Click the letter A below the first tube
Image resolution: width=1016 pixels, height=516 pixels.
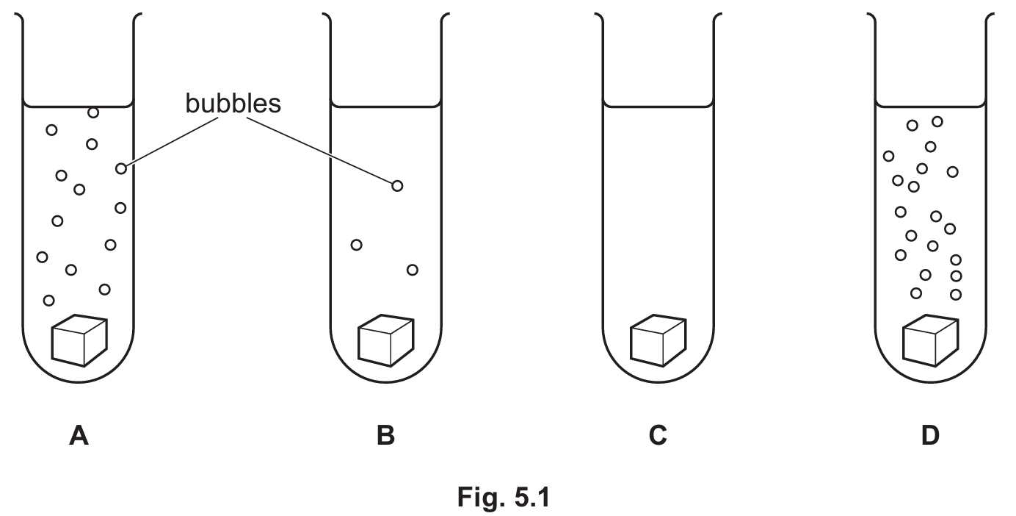79,435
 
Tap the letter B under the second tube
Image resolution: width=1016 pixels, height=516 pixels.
386,435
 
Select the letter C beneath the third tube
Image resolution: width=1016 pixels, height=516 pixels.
658,435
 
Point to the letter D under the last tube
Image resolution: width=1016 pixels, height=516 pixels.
930,435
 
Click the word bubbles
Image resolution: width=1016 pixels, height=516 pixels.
233,104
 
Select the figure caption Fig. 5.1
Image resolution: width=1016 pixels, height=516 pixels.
504,496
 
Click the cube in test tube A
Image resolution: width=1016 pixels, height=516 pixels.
79,340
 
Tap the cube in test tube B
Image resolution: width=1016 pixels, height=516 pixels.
386,340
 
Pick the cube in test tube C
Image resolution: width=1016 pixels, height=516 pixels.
658,340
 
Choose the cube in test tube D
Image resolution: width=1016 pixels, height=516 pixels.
930,340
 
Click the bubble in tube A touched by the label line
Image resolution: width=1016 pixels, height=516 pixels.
120,168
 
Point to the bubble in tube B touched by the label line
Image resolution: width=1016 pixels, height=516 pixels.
397,186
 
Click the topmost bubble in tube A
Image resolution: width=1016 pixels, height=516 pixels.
93,112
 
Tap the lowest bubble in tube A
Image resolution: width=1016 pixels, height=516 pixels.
48,300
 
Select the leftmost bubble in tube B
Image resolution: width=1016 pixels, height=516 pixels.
357,245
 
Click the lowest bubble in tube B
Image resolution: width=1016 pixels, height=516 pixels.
413,270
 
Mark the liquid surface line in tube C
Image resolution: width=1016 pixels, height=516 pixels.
658,107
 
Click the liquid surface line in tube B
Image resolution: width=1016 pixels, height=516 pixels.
386,107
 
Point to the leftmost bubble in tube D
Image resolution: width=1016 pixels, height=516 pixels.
888,157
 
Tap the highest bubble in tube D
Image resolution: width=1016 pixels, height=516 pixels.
937,121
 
